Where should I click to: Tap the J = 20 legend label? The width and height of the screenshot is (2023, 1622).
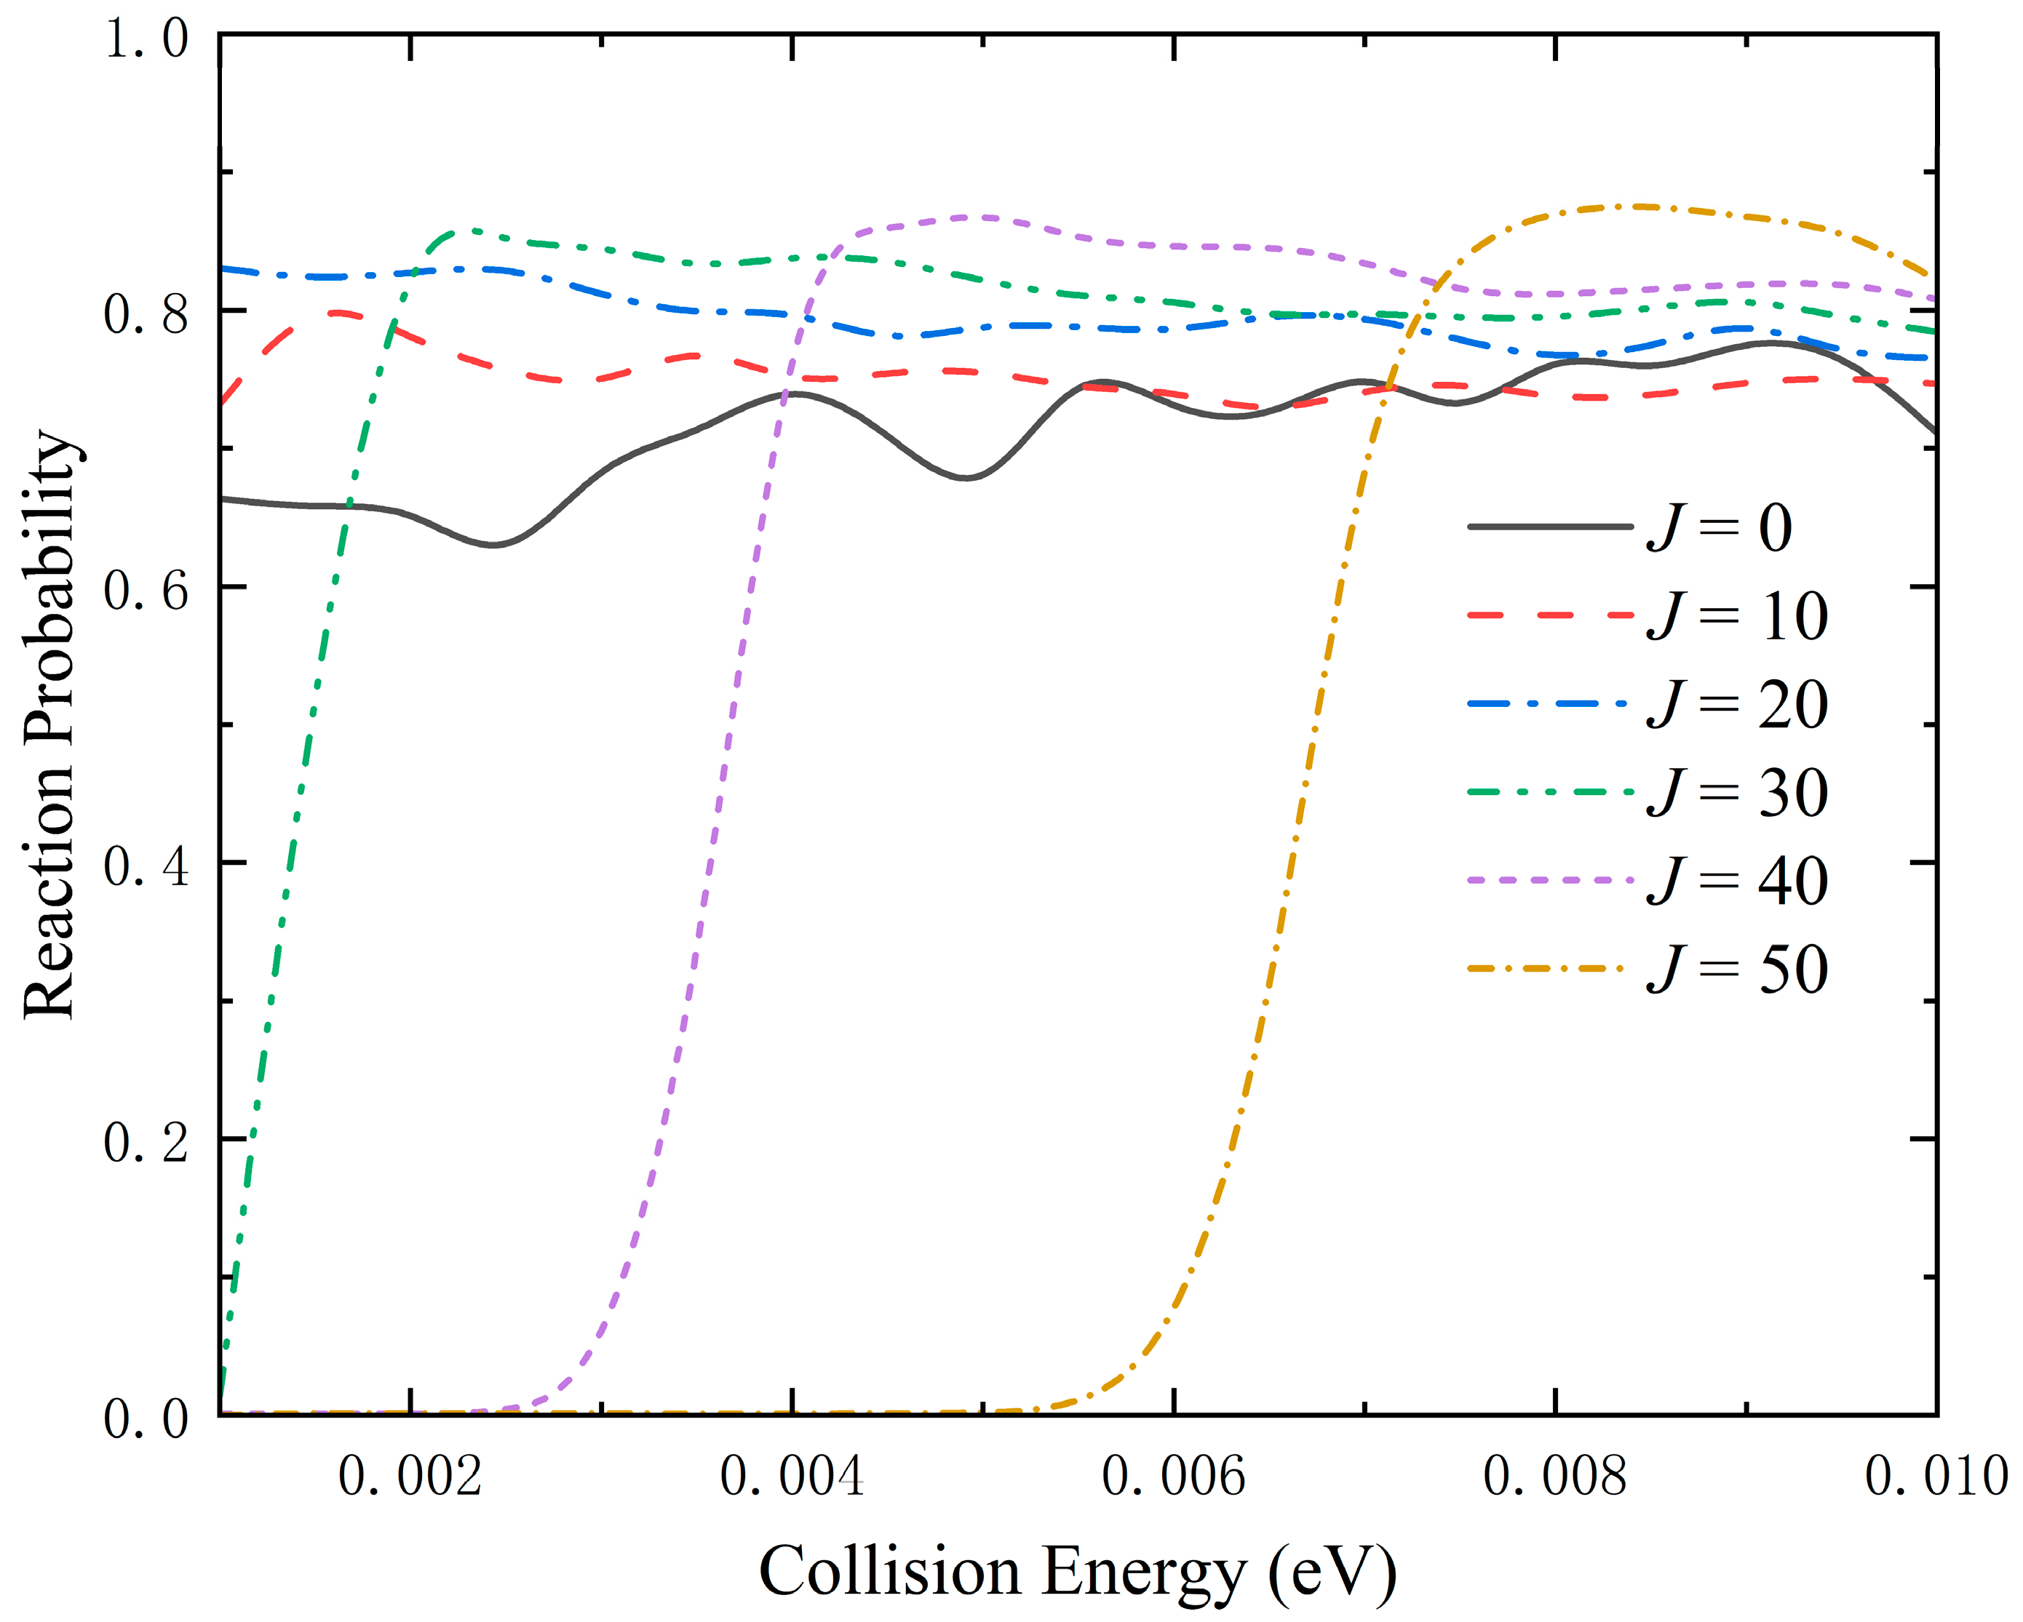point(1737,705)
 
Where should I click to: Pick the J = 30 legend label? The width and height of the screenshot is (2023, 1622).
point(1737,793)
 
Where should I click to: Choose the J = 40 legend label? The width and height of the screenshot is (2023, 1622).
point(1737,881)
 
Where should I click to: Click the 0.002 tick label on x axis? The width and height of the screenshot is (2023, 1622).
point(410,1477)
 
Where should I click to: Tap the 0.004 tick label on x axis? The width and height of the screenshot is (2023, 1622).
point(792,1477)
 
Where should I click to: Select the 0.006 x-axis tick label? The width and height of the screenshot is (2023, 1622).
point(1173,1477)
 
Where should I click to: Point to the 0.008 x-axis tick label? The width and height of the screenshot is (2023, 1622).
point(1555,1477)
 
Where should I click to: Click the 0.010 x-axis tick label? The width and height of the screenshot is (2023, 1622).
point(1935,1477)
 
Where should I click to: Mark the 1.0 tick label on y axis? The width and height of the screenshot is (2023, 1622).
point(146,40)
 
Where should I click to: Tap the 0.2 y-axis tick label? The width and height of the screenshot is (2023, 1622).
point(146,1143)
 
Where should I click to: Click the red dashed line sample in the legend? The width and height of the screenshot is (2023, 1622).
point(1550,615)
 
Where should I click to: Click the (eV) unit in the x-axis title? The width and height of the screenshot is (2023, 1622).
point(1332,1573)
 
